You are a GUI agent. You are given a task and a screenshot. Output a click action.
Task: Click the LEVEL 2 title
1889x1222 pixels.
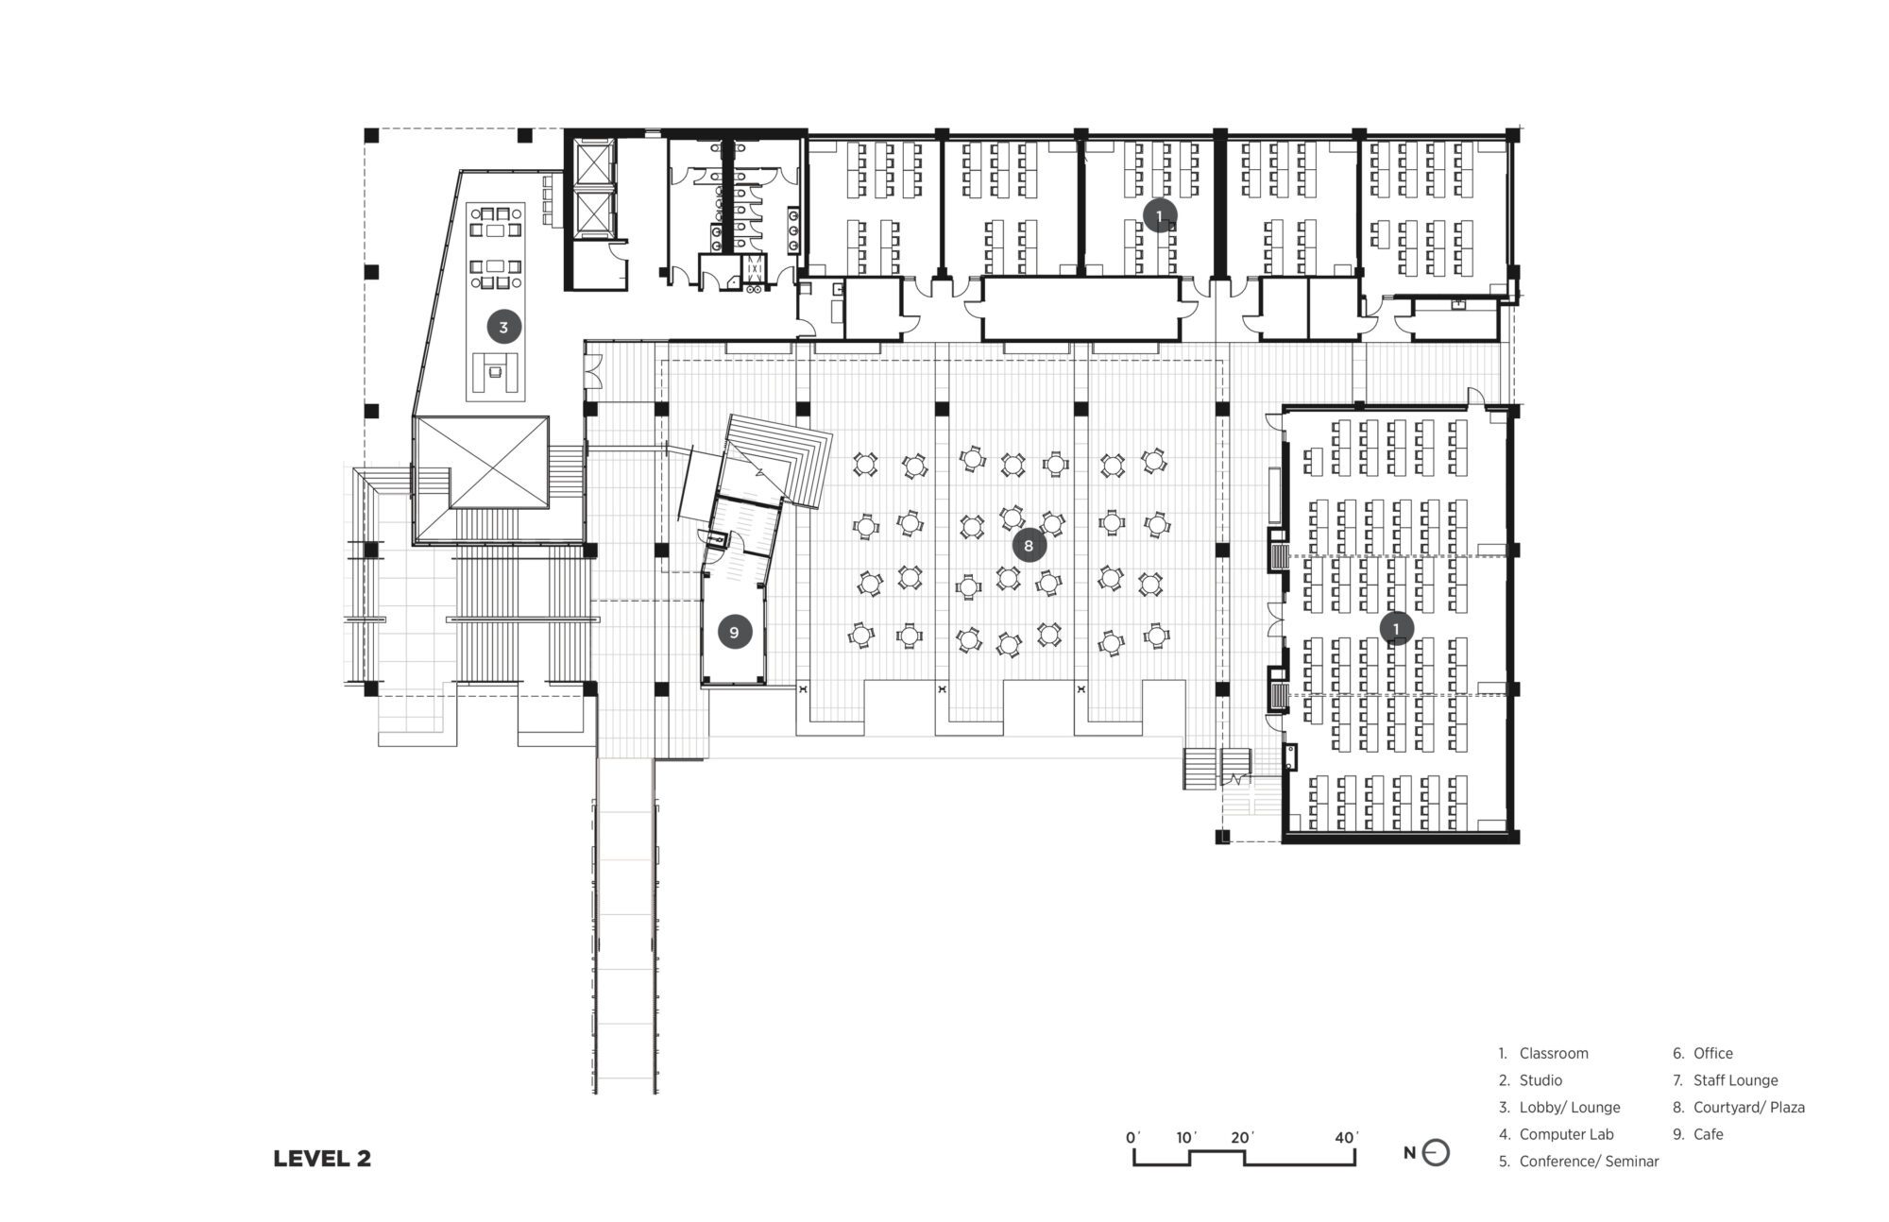pos(322,1159)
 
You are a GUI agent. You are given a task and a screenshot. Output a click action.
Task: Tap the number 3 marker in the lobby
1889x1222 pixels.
pos(503,328)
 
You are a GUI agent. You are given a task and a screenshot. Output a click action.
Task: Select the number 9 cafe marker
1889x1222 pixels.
pos(734,632)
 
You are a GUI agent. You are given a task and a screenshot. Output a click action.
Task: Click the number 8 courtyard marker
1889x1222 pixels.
pos(1029,545)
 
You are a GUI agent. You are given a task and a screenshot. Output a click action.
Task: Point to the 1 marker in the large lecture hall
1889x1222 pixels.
pos(1396,627)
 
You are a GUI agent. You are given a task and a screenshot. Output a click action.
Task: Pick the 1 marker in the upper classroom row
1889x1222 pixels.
pos(1160,216)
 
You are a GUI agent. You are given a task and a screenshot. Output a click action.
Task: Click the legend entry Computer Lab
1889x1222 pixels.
pos(1566,1134)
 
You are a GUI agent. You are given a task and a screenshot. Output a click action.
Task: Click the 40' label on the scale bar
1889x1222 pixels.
pos(1347,1137)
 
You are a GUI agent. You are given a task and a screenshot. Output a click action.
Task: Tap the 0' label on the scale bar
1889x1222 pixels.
pos(1133,1137)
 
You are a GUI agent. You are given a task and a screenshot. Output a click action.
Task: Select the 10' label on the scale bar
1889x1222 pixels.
pos(1186,1137)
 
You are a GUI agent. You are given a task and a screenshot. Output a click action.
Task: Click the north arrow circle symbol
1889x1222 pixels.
pos(1436,1153)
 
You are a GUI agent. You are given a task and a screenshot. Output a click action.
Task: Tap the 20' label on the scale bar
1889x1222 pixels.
pos(1241,1137)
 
